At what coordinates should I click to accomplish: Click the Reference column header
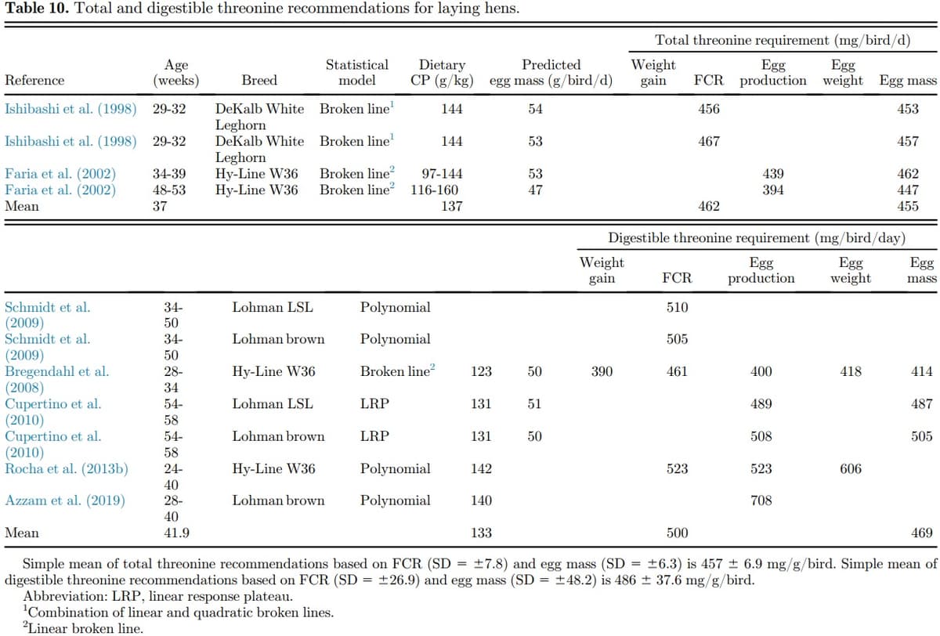(x=34, y=81)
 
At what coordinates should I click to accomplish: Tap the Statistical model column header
(x=356, y=73)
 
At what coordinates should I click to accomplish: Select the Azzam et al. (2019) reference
(x=64, y=501)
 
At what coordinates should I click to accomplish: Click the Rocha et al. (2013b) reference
(x=67, y=469)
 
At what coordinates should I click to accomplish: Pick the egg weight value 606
(x=850, y=469)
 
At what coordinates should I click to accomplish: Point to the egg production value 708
(x=761, y=501)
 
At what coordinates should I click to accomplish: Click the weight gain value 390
(x=602, y=372)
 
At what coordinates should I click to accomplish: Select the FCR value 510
(x=677, y=308)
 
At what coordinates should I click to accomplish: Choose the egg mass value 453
(x=907, y=110)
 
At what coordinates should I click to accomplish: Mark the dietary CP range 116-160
(x=435, y=190)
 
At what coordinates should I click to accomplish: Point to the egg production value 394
(x=772, y=190)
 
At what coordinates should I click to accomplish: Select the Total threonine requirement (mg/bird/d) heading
(x=782, y=41)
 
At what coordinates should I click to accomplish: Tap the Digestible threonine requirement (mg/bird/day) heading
(x=757, y=238)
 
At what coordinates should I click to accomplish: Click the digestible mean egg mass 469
(x=922, y=533)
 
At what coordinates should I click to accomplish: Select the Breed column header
(x=259, y=81)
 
